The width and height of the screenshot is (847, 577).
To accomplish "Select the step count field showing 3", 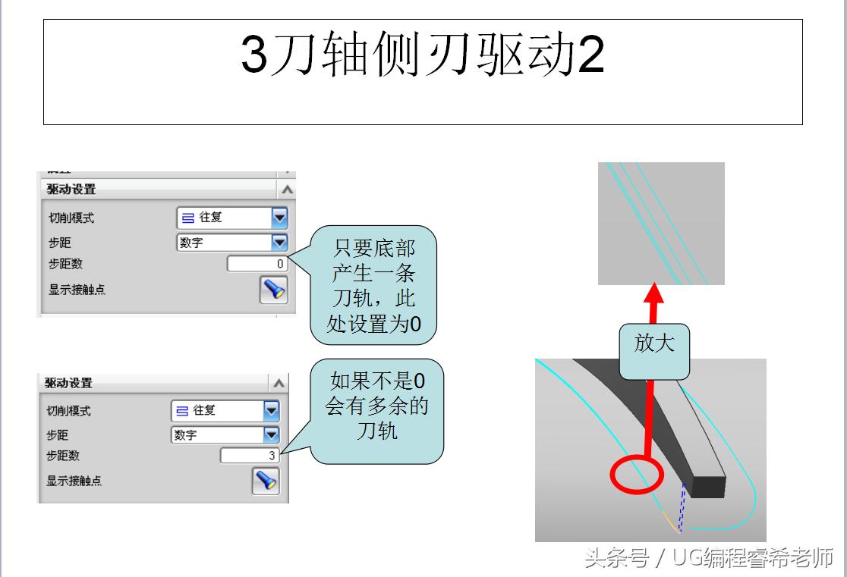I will coord(250,456).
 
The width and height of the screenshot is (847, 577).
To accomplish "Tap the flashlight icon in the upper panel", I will coord(273,290).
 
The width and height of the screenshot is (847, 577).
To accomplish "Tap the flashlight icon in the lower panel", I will coord(266,481).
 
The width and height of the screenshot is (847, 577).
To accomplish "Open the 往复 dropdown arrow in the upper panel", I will coord(280,218).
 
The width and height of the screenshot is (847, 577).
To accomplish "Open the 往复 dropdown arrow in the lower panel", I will coord(272,411).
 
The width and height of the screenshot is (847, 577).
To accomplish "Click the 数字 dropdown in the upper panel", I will coord(232,243).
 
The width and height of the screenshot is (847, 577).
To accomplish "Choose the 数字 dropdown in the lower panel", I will coord(225,435).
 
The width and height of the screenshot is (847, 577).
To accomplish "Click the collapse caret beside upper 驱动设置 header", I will coord(286,190).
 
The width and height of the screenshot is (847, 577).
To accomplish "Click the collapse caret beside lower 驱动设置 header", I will coord(279,384).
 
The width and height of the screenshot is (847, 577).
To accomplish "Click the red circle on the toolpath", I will coord(637,475).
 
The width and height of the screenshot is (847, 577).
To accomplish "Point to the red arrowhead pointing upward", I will coord(654,294).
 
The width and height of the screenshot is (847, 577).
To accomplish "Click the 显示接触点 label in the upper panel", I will coord(77,289).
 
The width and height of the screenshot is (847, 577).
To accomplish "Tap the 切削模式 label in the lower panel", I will coord(69,411).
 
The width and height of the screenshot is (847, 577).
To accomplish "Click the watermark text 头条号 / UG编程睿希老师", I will coord(708,560).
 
